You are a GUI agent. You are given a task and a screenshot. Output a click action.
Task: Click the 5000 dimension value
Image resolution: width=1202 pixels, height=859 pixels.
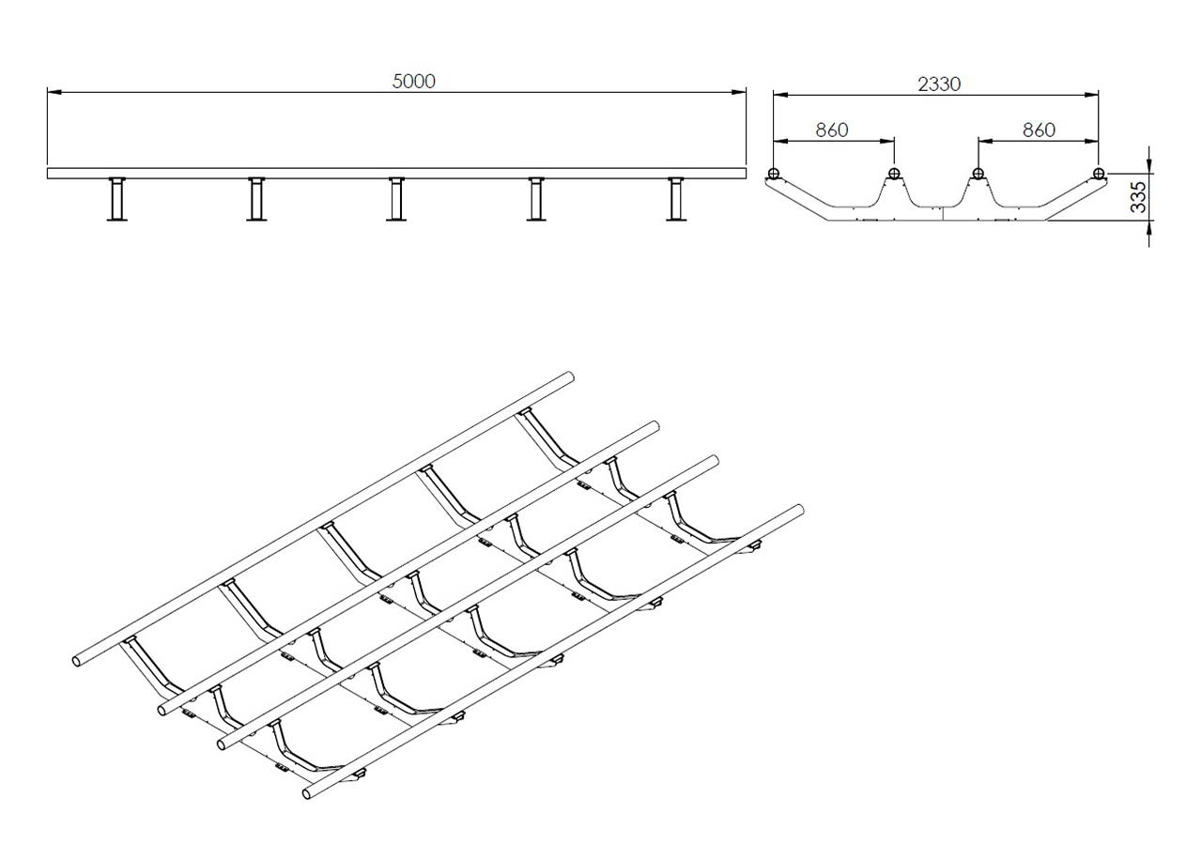414,82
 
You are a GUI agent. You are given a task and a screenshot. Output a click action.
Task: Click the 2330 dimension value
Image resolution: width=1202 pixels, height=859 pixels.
939,84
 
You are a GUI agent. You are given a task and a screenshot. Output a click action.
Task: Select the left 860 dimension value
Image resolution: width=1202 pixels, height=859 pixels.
832,130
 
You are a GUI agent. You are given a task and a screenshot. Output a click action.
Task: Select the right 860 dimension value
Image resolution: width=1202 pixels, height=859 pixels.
1039,130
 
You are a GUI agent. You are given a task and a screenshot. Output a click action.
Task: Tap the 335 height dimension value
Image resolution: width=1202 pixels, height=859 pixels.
1138,197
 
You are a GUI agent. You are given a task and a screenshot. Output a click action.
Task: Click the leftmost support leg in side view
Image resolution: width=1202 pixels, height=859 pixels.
117,198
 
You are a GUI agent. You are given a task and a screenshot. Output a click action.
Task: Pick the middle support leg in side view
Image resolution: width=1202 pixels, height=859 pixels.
396,198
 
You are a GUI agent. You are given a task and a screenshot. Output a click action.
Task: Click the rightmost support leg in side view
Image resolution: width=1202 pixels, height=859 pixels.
676,198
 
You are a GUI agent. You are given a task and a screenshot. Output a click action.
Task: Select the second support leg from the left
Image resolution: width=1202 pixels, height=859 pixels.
256,198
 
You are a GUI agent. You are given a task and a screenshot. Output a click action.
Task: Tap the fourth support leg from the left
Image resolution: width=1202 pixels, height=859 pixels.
536,198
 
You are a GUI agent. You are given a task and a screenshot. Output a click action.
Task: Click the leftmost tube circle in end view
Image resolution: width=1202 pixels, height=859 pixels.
773,174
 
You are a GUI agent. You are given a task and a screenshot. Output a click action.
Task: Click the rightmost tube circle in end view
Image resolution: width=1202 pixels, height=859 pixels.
1099,174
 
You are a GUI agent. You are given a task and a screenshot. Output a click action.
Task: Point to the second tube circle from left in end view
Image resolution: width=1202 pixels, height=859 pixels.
894,174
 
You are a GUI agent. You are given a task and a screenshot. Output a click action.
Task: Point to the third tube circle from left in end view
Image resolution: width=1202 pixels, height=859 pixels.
979,174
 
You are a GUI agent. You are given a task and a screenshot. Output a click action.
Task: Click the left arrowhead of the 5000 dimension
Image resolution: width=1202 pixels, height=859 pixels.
54,92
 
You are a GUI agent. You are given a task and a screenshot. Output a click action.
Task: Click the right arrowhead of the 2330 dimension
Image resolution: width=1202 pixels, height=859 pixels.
1091,95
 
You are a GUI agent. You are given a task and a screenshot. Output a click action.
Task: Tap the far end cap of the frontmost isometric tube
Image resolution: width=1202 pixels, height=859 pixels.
799,509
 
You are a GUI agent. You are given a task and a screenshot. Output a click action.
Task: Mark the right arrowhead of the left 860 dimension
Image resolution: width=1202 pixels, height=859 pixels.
887,141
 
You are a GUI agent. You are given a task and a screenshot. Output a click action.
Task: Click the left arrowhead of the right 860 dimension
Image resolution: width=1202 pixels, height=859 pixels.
986,141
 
